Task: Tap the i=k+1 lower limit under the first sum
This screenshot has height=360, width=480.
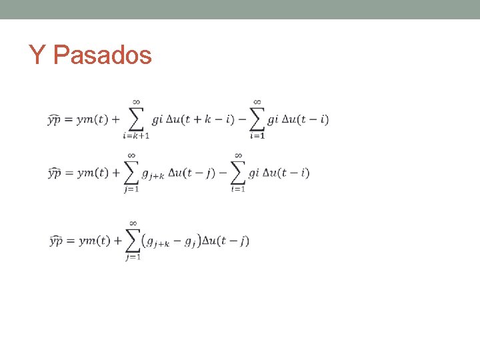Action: (x=136, y=135)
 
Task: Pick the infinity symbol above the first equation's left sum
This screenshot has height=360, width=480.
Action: (x=136, y=102)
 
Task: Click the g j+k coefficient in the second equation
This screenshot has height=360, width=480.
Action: (x=153, y=174)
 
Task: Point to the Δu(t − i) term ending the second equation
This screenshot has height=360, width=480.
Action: (x=287, y=173)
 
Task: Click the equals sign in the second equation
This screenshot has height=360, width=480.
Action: (x=70, y=173)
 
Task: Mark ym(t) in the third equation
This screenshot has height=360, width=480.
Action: (x=94, y=241)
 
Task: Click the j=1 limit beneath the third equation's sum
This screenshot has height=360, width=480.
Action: (x=133, y=257)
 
